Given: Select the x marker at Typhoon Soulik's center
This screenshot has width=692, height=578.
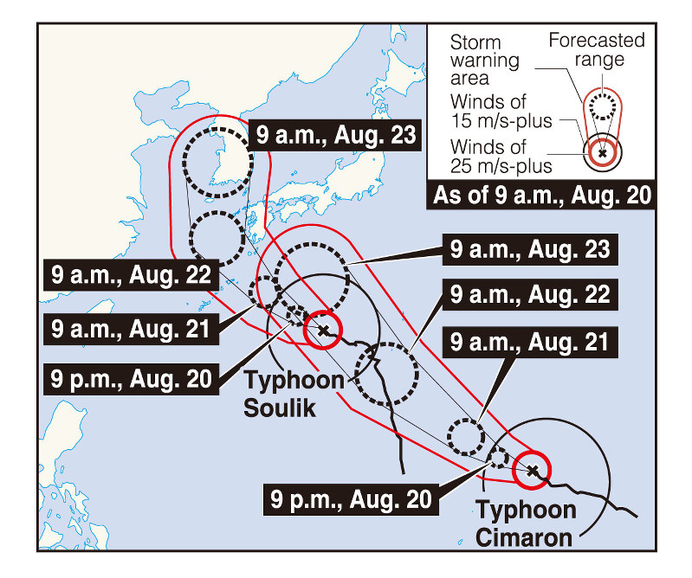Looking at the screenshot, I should coord(323,330).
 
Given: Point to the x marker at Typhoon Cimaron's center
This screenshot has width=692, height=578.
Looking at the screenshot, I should coord(534,471).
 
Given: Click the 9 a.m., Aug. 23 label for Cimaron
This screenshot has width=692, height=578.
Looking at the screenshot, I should coord(530,252).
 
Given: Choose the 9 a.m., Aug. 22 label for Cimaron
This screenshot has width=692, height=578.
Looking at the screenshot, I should coord(530,294).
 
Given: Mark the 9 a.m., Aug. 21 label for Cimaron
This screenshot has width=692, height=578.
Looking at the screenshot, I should coord(530,343).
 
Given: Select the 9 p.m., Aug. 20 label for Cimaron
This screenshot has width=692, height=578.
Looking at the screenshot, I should coord(352,499).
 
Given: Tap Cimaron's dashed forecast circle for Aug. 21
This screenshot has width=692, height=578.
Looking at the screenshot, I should coord(467,436).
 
